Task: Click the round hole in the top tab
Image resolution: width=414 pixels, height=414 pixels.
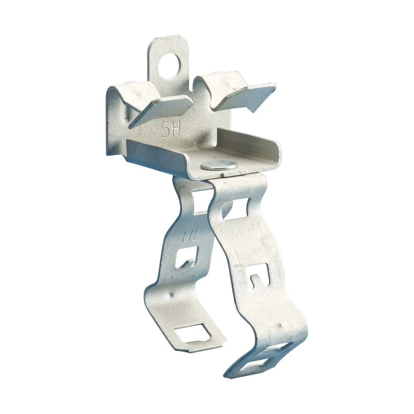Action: tap(170, 65)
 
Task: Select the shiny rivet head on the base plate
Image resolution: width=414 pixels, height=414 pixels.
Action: tap(219, 166)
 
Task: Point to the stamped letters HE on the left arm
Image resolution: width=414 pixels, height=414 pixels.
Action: tap(190, 237)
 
